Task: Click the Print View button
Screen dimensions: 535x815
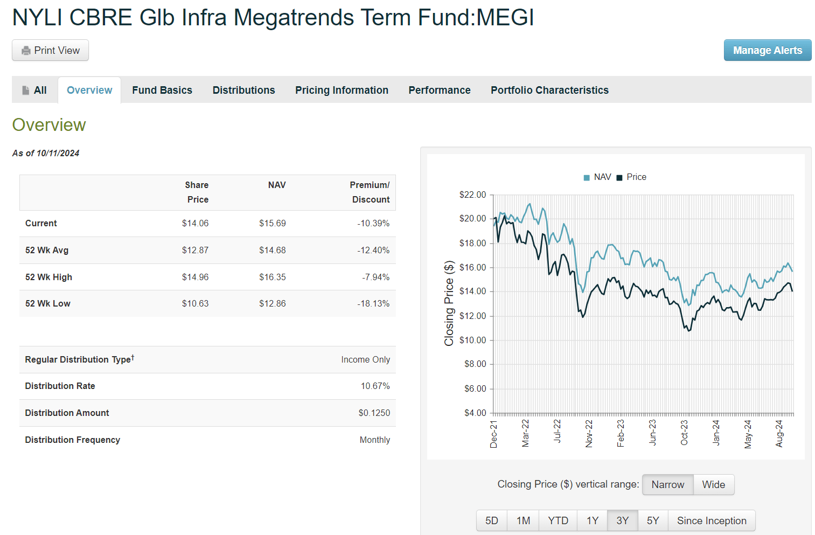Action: point(50,50)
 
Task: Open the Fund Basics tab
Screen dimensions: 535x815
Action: point(162,90)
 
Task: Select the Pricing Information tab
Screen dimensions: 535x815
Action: point(342,90)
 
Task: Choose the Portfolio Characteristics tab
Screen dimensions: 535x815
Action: point(549,90)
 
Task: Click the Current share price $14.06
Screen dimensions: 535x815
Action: point(195,223)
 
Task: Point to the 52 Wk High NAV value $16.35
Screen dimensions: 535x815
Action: point(272,277)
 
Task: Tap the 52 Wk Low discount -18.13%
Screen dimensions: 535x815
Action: point(373,303)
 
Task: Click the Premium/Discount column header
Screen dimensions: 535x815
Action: point(370,192)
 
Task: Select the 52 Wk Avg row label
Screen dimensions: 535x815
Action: point(47,250)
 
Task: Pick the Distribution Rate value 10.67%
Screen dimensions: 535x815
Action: point(375,386)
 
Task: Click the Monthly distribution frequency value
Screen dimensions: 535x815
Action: point(374,440)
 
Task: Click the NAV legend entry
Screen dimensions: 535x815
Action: point(598,177)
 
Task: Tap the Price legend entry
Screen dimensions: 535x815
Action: point(632,177)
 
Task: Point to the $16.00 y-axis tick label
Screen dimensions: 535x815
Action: point(472,267)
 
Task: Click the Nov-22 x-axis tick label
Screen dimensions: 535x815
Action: point(589,434)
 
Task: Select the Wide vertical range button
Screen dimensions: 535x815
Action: point(713,484)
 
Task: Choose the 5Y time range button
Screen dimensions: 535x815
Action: point(653,520)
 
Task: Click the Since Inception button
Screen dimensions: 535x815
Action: point(712,520)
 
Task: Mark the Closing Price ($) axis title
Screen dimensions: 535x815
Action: point(449,303)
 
